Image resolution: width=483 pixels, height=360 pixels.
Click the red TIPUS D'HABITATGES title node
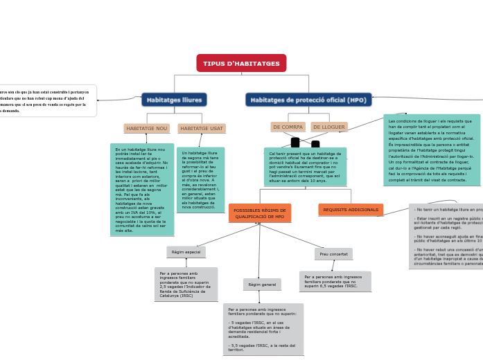click(x=241, y=64)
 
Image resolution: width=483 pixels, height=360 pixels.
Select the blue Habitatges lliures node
click(x=174, y=100)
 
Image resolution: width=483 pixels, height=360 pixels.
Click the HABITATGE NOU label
click(x=146, y=129)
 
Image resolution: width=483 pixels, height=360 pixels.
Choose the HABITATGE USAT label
click(x=202, y=129)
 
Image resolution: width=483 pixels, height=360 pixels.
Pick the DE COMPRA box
click(x=288, y=127)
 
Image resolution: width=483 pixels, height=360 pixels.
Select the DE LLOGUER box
click(x=328, y=127)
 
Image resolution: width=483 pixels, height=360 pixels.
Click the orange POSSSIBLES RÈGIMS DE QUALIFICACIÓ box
click(x=259, y=213)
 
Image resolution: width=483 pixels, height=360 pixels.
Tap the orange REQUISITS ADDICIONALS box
click(x=351, y=210)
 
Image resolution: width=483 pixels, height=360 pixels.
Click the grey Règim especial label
click(x=186, y=252)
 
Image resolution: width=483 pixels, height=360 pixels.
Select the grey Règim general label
click(x=262, y=285)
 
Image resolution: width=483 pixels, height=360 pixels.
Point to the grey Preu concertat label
click(x=333, y=254)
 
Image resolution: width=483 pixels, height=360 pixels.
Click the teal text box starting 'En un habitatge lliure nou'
click(x=141, y=190)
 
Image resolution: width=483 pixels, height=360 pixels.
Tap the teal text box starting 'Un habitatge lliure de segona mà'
click(x=200, y=179)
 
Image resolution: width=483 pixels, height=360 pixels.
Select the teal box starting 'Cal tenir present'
click(x=305, y=167)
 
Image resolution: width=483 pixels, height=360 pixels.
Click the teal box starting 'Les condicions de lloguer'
click(x=431, y=150)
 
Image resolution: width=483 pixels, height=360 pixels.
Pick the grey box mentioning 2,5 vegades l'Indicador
click(x=186, y=284)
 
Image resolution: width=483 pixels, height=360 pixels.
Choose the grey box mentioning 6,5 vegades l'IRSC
click(x=335, y=281)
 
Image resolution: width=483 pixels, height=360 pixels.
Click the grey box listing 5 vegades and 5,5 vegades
click(x=263, y=329)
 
